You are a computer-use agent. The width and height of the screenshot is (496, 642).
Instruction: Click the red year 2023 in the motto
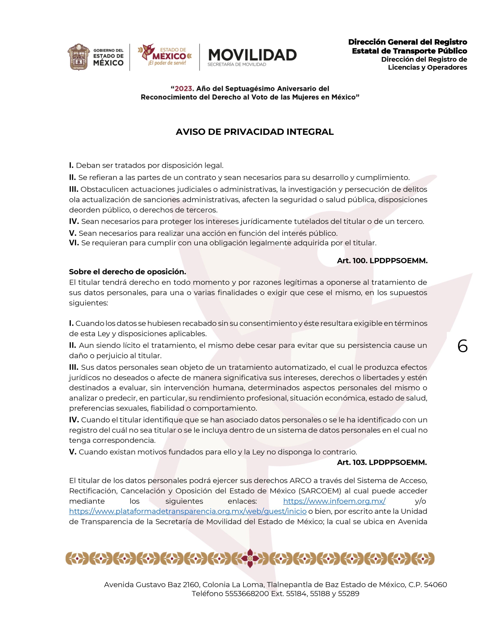coord(184,88)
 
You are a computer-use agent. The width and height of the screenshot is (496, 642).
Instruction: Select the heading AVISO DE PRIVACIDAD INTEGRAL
coord(254,132)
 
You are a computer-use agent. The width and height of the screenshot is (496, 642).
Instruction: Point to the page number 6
coord(462,346)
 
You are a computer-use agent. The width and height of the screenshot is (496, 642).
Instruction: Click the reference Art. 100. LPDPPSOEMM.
coord(382,260)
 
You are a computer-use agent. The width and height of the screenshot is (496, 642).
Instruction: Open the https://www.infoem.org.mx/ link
coord(334,501)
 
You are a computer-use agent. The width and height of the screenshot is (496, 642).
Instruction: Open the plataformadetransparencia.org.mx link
coord(188,511)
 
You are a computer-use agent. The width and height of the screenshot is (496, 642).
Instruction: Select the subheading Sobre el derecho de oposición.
coord(128,272)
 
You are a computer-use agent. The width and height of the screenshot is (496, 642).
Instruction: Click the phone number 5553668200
coord(247,593)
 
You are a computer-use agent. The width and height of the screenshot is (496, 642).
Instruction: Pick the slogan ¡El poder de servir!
coord(167,63)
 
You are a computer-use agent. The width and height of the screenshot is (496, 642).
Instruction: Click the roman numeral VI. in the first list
coord(74,243)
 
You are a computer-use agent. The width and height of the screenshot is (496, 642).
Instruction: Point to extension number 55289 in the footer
coord(349,593)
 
